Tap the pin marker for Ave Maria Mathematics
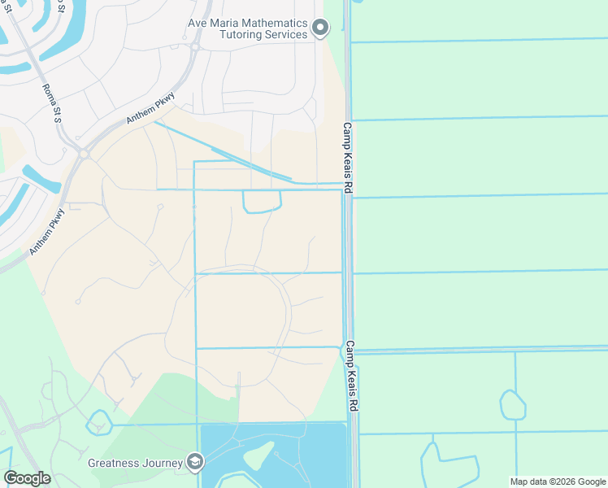click(320, 29)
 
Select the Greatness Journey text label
click(135, 463)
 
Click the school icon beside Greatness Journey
click(194, 463)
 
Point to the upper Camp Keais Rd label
click(346, 158)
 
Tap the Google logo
click(27, 478)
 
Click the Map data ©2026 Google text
click(557, 481)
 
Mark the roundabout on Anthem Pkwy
click(83, 153)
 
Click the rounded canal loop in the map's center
click(262, 202)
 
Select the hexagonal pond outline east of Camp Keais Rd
click(512, 404)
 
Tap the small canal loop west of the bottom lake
click(98, 423)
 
